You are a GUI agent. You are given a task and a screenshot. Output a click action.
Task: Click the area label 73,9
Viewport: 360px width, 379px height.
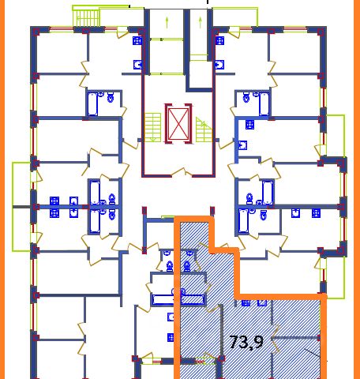click(x=246, y=342)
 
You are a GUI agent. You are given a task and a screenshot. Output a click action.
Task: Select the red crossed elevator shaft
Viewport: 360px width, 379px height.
click(x=178, y=124)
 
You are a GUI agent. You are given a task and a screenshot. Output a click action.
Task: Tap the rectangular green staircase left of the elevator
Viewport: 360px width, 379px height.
click(x=152, y=128)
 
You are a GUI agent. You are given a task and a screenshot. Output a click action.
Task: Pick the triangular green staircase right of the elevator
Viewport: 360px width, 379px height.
click(x=204, y=130)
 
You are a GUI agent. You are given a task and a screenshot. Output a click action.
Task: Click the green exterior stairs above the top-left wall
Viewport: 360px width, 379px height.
click(x=86, y=16)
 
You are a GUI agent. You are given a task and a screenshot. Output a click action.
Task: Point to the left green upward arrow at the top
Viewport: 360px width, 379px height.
click(x=167, y=22)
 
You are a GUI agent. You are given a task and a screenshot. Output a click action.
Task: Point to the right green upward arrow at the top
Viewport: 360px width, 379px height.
click(x=201, y=22)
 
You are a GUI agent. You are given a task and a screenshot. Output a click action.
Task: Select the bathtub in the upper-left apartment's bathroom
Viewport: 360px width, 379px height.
click(x=92, y=104)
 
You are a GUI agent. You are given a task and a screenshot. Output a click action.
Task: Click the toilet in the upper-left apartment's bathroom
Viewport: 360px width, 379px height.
click(x=111, y=97)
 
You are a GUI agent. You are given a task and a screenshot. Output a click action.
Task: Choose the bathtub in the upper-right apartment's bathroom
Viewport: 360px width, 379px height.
click(x=264, y=104)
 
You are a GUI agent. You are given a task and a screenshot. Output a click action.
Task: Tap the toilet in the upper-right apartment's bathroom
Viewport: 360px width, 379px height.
click(x=246, y=97)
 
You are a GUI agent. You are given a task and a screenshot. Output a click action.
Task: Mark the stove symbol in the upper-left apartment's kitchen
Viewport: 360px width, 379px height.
click(x=137, y=40)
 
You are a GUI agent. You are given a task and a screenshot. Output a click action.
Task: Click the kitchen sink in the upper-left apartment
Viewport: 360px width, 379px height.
click(x=137, y=65)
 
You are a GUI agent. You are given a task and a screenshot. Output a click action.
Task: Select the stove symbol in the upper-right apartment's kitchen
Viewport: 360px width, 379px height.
click(x=219, y=40)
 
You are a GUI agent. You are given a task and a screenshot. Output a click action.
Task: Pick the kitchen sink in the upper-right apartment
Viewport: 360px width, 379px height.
click(x=219, y=65)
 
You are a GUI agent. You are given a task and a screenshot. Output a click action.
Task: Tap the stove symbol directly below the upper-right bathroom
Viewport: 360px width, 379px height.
click(x=249, y=125)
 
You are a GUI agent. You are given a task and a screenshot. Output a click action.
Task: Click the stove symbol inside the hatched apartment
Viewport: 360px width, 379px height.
click(x=246, y=302)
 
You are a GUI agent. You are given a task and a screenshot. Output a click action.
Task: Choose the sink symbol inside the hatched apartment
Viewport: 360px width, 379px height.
click(x=262, y=302)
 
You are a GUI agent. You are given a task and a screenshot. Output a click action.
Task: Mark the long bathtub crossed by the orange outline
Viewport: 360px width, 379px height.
click(x=178, y=299)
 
